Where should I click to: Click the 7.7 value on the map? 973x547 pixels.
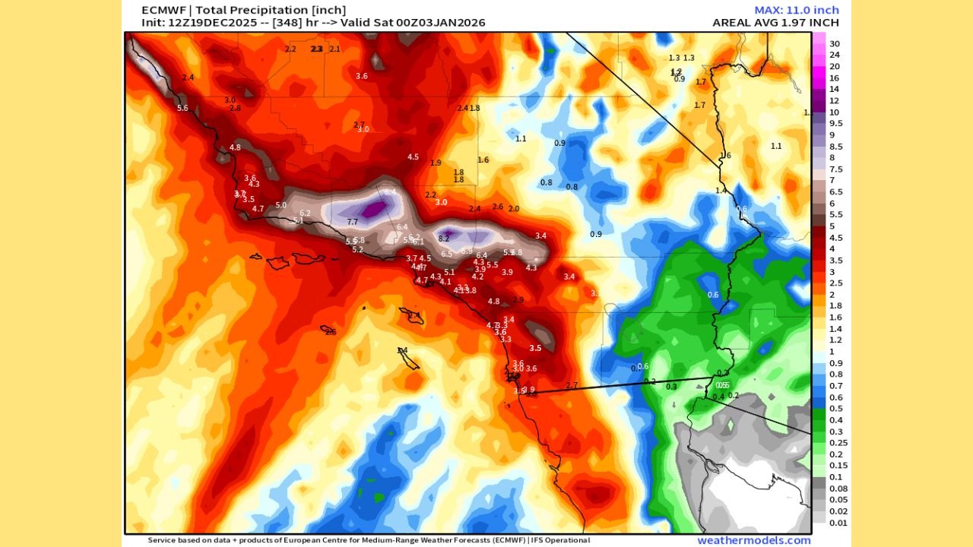(x=352, y=222)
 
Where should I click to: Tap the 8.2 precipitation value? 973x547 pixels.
(x=444, y=239)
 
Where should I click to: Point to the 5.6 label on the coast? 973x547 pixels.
(x=182, y=108)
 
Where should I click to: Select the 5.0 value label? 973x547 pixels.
(x=280, y=205)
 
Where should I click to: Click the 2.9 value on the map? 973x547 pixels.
(x=518, y=300)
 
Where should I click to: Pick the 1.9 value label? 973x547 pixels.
(x=436, y=163)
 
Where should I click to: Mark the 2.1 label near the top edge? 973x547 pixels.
(x=334, y=49)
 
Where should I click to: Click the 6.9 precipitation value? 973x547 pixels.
(x=467, y=250)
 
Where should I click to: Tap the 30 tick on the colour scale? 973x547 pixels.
(x=834, y=43)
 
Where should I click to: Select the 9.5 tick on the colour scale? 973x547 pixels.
(x=835, y=123)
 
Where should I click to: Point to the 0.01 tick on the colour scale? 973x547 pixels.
(x=838, y=522)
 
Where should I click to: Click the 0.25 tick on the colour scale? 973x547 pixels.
(x=838, y=442)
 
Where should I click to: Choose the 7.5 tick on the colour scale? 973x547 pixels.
(x=835, y=169)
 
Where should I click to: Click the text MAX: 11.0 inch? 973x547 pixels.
(x=797, y=10)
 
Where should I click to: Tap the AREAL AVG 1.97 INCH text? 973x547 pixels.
(x=775, y=23)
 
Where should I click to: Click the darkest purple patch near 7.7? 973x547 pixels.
(x=372, y=209)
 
